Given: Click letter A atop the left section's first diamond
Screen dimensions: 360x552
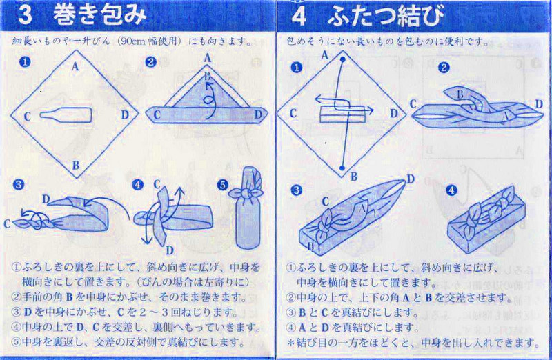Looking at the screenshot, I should [x=75, y=66].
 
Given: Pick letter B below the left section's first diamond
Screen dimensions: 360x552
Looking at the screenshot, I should [x=75, y=165].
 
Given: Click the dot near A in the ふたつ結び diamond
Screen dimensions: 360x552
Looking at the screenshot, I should [x=342, y=60].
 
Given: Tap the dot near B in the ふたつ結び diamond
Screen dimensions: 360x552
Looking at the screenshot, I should [x=342, y=166].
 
